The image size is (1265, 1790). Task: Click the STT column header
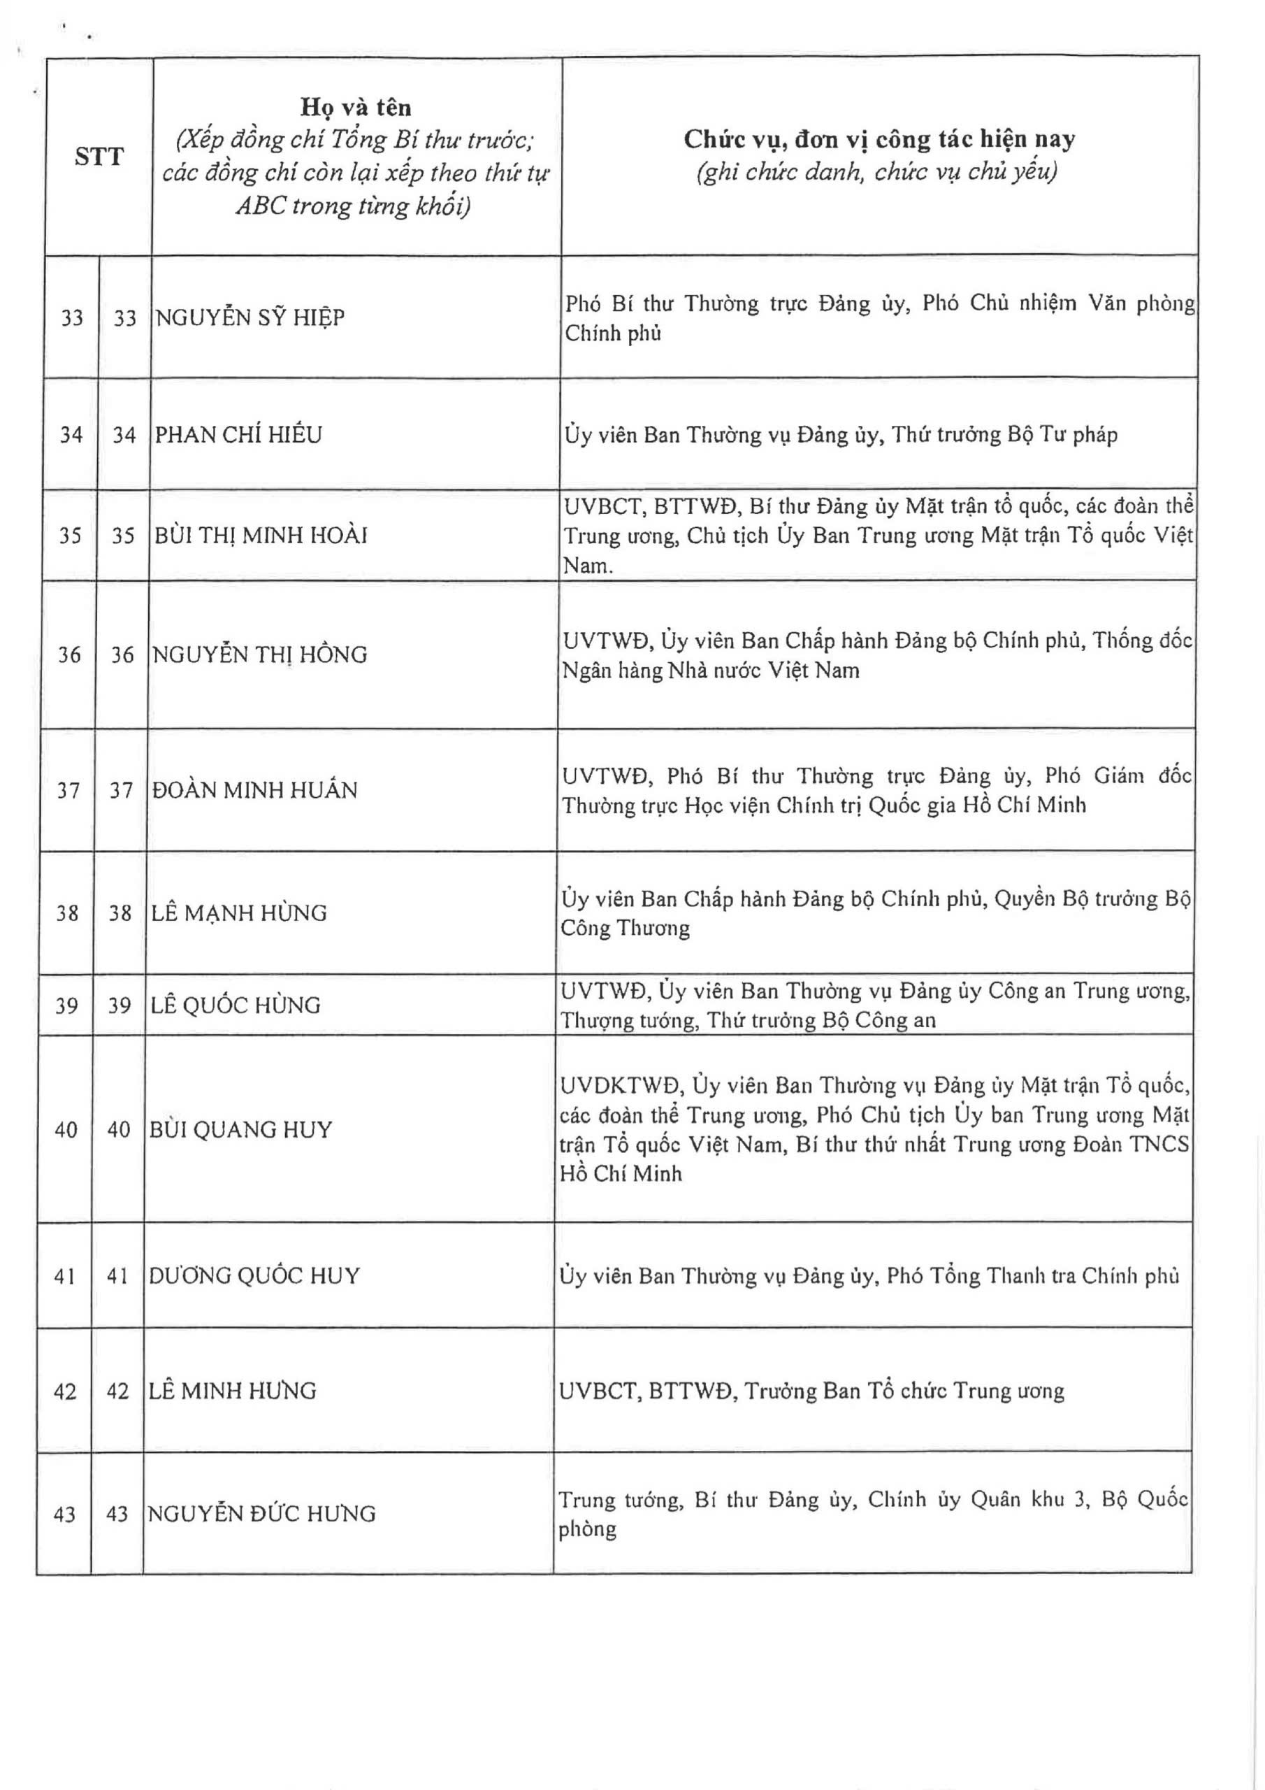pyautogui.click(x=99, y=157)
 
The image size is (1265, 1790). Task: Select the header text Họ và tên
pyautogui.click(x=356, y=107)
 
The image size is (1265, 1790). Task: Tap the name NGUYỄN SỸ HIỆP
pyautogui.click(x=250, y=318)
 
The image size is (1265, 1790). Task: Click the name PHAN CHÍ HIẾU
pyautogui.click(x=238, y=434)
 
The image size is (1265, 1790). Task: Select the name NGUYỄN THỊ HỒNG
pyautogui.click(x=259, y=654)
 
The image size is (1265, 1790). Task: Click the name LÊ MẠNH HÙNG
pyautogui.click(x=238, y=913)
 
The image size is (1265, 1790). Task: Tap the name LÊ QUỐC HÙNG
pyautogui.click(x=236, y=1005)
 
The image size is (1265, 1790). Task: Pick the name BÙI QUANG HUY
pyautogui.click(x=240, y=1130)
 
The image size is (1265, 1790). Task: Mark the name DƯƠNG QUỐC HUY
pyautogui.click(x=254, y=1275)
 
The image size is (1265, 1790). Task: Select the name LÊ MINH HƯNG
pyautogui.click(x=232, y=1391)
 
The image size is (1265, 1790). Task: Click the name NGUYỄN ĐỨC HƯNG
pyautogui.click(x=262, y=1513)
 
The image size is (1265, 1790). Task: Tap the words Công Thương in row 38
pyautogui.click(x=625, y=929)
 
